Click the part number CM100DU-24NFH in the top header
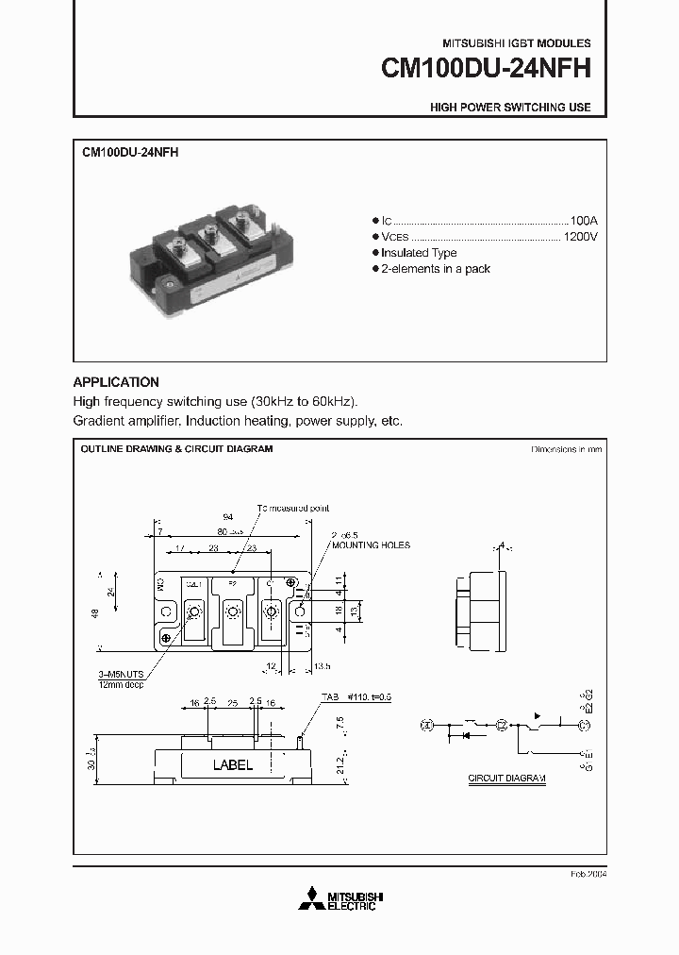(x=486, y=70)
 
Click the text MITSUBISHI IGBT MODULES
(x=516, y=43)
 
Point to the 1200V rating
(x=580, y=236)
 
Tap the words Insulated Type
(x=419, y=253)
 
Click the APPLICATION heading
(x=116, y=382)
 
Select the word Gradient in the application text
(x=97, y=420)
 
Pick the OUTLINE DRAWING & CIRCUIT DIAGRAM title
(x=177, y=449)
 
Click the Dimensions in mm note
(x=566, y=450)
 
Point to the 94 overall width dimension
(x=227, y=518)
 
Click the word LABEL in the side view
(x=232, y=765)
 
